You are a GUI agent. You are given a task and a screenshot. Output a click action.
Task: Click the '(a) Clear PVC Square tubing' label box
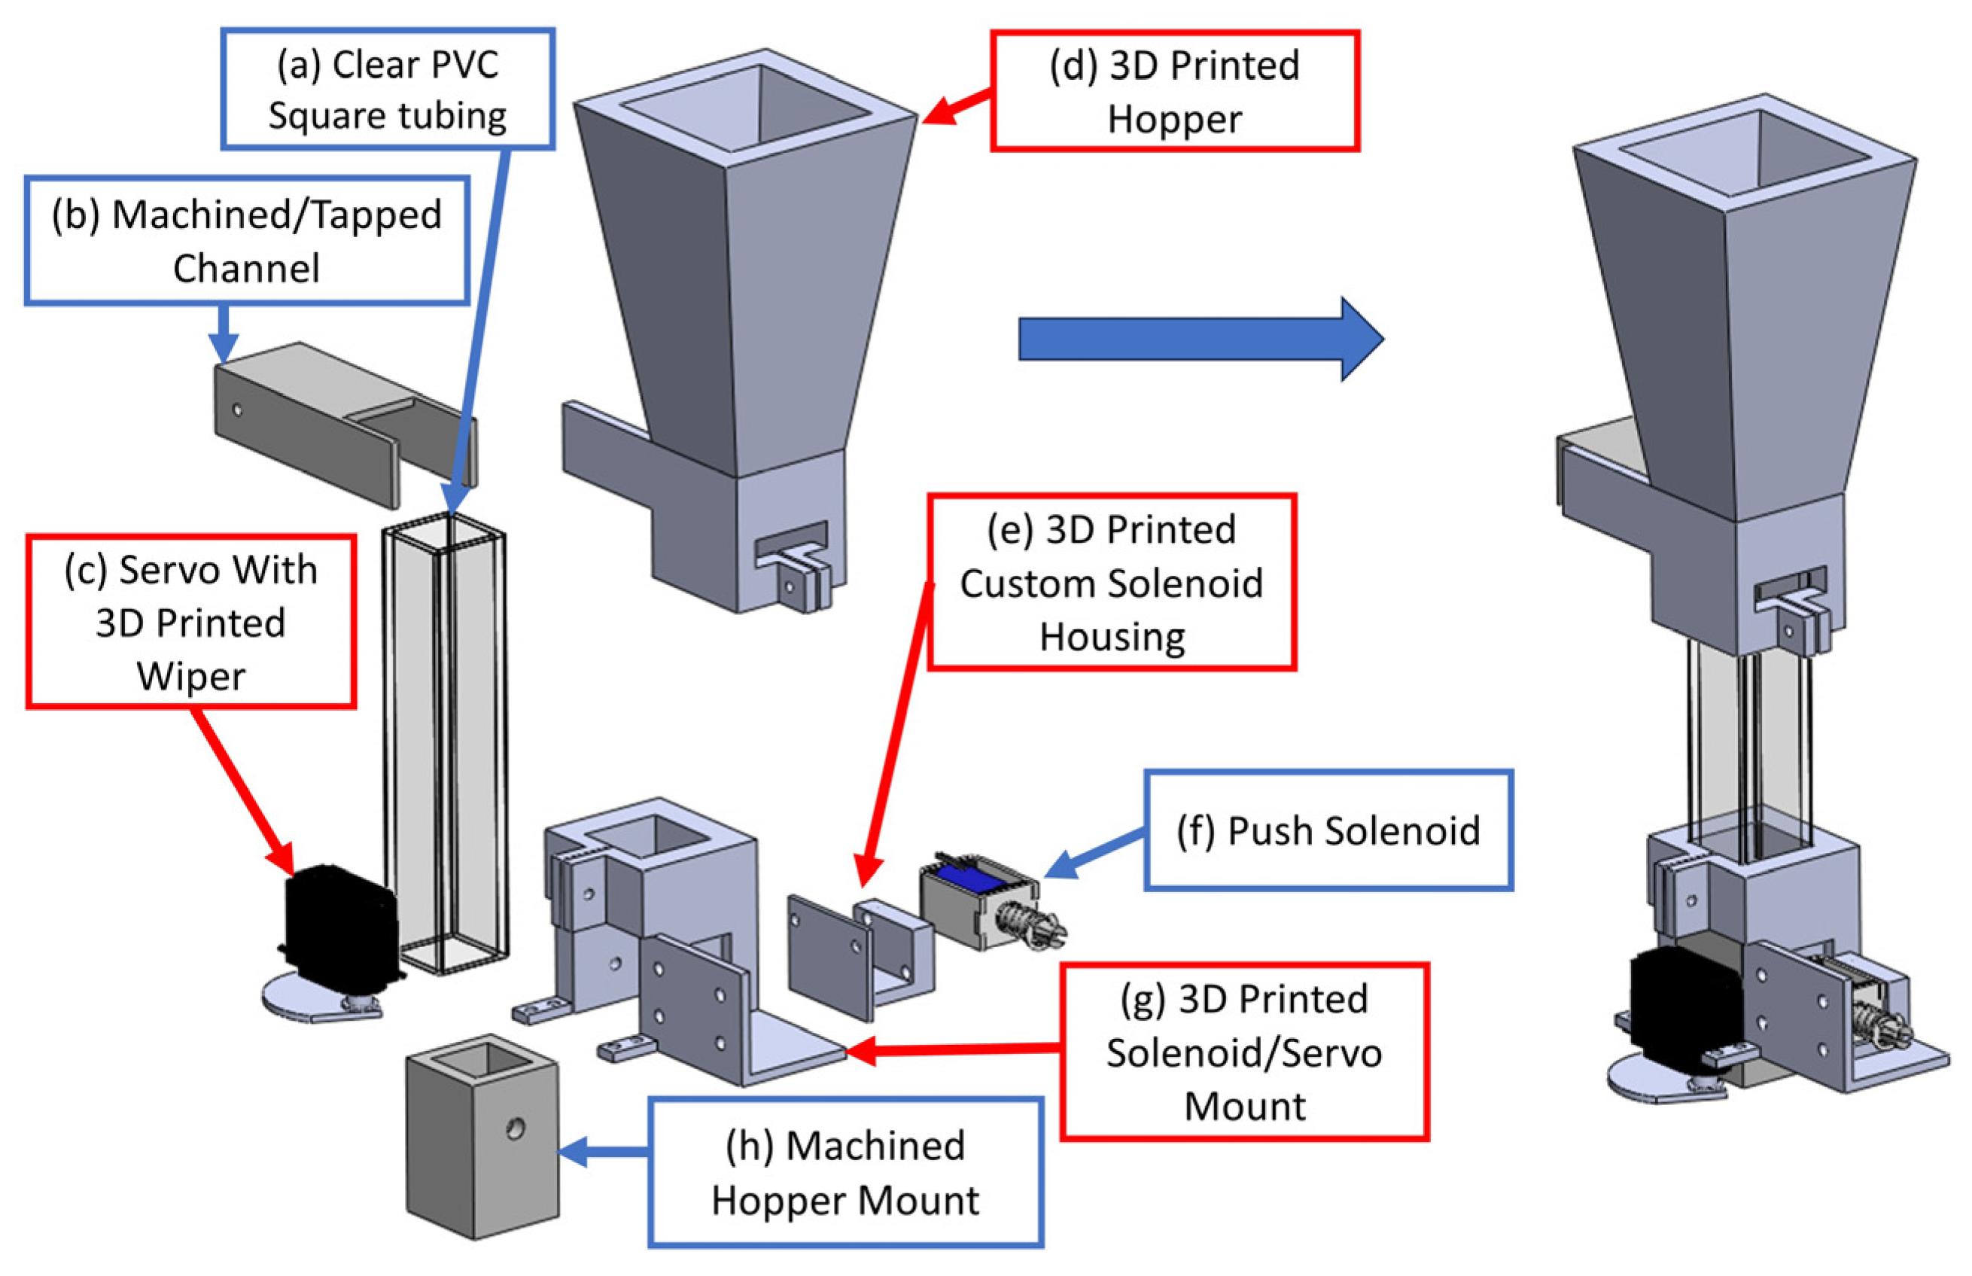tap(387, 89)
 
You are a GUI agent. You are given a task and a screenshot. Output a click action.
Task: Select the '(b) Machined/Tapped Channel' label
tap(247, 240)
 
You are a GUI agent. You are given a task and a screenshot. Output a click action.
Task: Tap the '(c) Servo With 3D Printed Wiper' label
tap(191, 621)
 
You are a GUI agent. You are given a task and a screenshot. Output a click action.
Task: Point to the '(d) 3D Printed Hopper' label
tap(1174, 91)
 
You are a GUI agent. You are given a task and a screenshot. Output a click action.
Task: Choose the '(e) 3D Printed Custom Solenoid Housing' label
tap(1112, 583)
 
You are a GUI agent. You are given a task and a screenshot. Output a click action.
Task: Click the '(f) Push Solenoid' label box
tap(1328, 831)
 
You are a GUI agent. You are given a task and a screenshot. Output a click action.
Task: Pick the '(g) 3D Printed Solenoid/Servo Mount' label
tap(1244, 1052)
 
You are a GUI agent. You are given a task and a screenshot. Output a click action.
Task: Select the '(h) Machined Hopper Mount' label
tap(844, 1172)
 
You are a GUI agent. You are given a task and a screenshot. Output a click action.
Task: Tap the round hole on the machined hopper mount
tap(515, 1128)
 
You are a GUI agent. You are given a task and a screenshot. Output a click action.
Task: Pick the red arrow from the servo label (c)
tap(240, 787)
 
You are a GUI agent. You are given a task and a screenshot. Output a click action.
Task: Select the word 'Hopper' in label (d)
tap(1174, 119)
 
